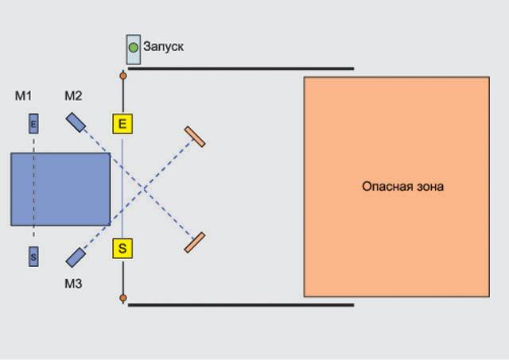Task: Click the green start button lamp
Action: coord(133,48)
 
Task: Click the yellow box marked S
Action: coord(122,249)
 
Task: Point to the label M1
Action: coord(23,96)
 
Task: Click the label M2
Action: coord(73,96)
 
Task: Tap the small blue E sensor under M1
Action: coord(33,124)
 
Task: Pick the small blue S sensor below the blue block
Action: coord(33,257)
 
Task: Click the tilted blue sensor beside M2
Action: coord(76,122)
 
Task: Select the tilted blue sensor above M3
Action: coord(76,257)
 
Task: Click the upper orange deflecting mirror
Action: coord(195,137)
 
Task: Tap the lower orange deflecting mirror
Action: coord(195,242)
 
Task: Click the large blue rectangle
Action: coord(60,188)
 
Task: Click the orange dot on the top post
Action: coord(122,76)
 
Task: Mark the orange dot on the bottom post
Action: coord(122,298)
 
